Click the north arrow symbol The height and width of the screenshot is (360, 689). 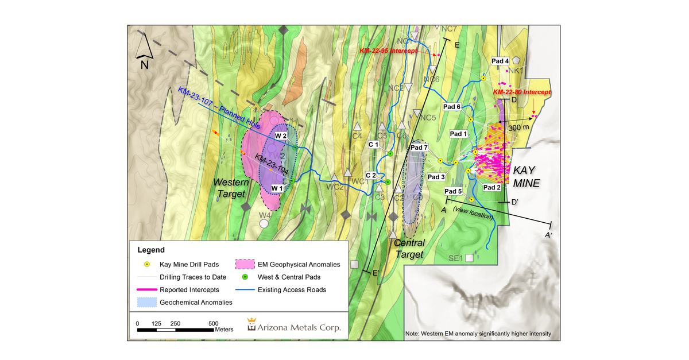coord(144,48)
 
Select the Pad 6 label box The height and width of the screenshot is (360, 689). coord(452,106)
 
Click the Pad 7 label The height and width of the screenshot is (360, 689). coord(419,148)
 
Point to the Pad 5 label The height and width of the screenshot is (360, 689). coord(453,191)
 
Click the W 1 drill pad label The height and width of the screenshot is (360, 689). coord(277,188)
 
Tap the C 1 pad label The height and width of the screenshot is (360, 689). coord(373,145)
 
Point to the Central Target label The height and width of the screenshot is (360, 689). coord(409,249)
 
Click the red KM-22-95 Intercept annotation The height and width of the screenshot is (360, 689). coord(386,51)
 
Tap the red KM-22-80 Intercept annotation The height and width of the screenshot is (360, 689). coord(521,92)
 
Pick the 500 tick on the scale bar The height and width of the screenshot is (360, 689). coord(213,323)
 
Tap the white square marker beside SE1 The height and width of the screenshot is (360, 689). coord(470,258)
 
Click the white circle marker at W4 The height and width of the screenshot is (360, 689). coord(264,224)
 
